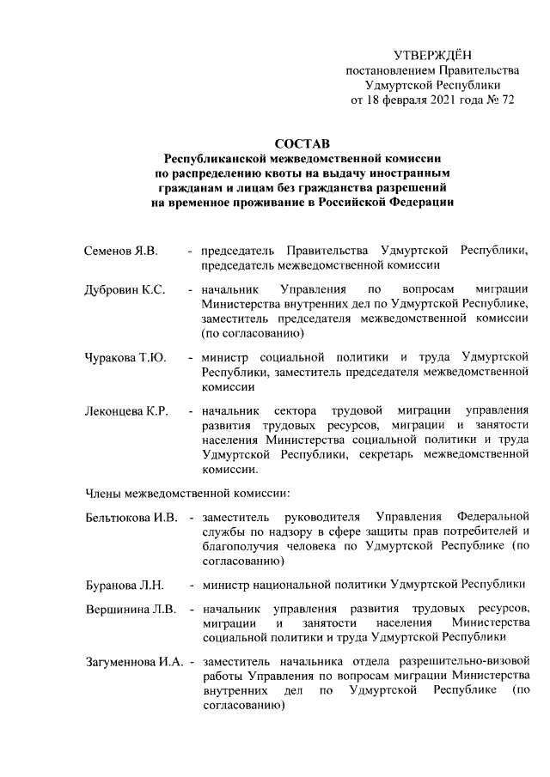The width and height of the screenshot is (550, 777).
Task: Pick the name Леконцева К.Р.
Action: (x=126, y=411)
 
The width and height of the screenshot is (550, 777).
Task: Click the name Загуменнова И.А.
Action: (x=134, y=662)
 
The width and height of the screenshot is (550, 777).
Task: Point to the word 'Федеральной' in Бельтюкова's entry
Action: (x=492, y=518)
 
